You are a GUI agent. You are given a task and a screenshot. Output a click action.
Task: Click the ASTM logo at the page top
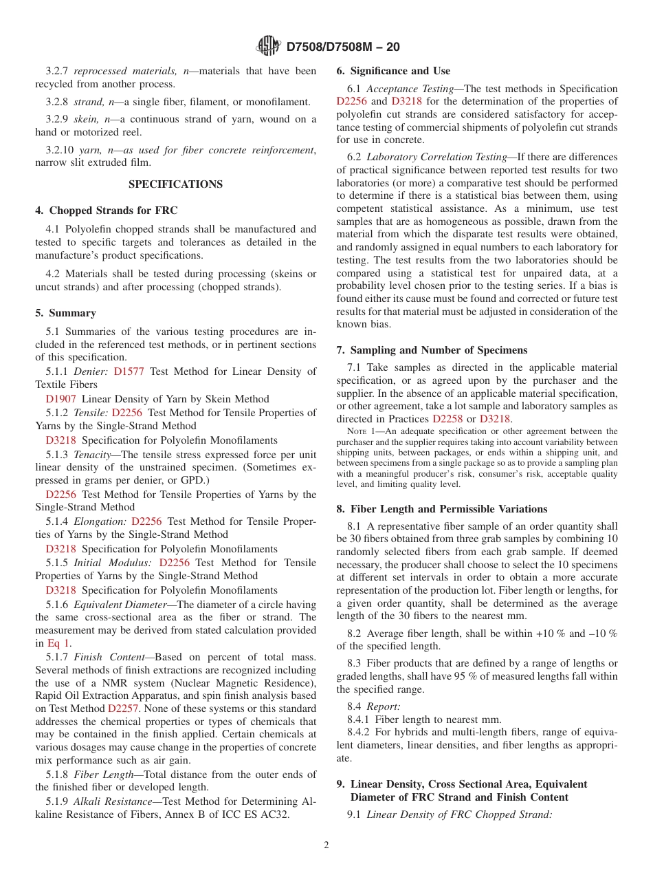(x=268, y=46)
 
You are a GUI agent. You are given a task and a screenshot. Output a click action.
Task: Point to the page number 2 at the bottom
(x=326, y=845)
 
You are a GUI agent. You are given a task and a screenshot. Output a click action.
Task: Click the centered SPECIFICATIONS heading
(x=176, y=184)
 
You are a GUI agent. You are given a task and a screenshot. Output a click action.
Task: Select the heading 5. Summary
(x=66, y=313)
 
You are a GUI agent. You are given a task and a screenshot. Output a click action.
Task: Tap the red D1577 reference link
(x=129, y=371)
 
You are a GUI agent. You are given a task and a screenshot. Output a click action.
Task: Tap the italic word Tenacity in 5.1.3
(x=96, y=455)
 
